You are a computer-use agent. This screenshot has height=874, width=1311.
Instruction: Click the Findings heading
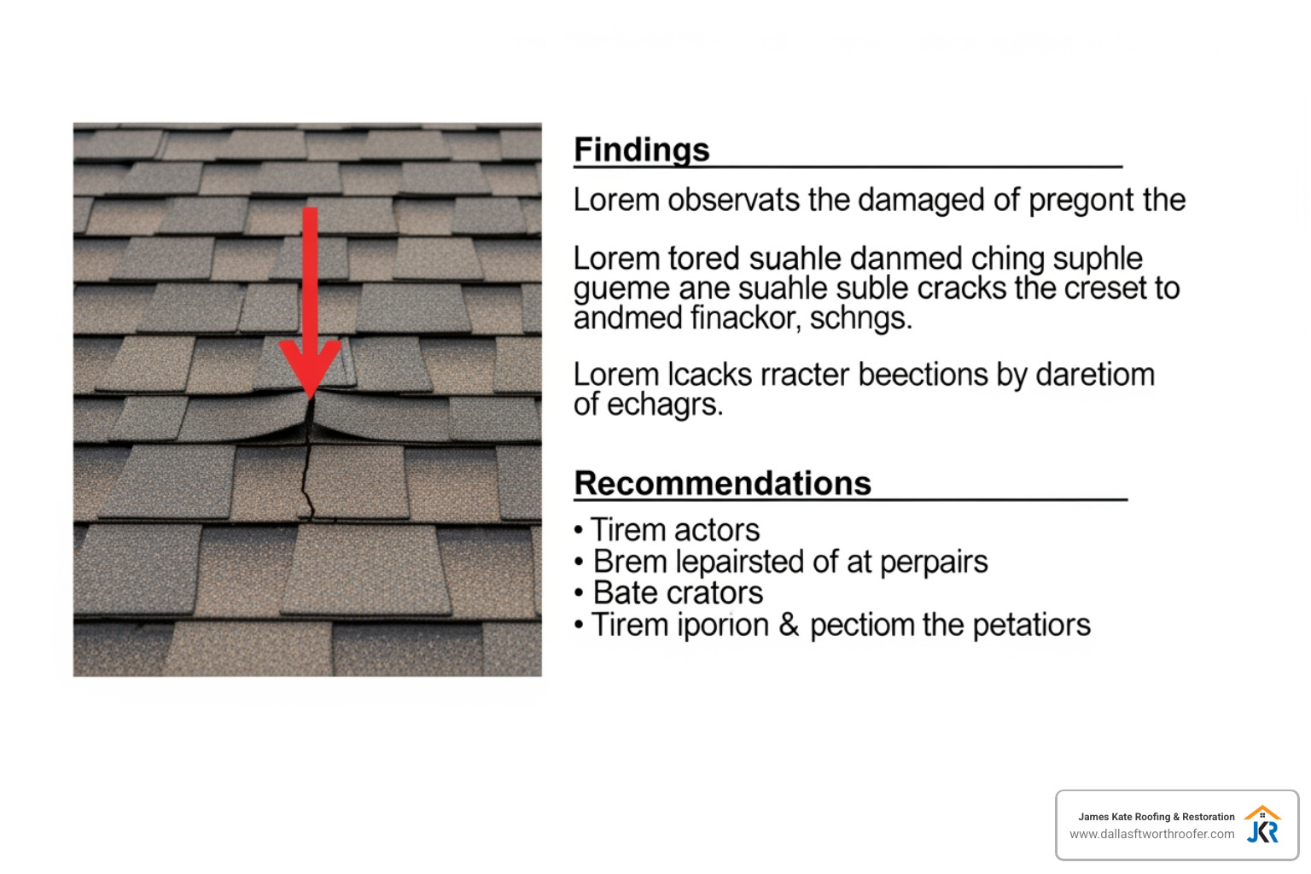(x=641, y=150)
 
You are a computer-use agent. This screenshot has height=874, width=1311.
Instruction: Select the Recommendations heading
(x=722, y=483)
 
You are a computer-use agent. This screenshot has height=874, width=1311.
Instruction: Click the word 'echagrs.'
(x=665, y=405)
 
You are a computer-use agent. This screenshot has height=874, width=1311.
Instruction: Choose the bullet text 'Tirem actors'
(x=674, y=530)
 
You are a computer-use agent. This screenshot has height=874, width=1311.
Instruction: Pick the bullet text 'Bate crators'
(x=678, y=593)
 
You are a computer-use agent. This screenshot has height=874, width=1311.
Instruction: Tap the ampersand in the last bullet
(x=789, y=625)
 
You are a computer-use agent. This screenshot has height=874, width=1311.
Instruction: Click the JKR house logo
(x=1262, y=824)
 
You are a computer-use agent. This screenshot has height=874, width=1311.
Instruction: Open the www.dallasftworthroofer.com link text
(x=1151, y=834)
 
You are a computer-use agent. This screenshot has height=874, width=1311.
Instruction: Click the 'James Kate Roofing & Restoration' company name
(x=1156, y=817)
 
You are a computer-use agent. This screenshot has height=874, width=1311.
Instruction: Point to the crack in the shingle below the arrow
(x=306, y=469)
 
